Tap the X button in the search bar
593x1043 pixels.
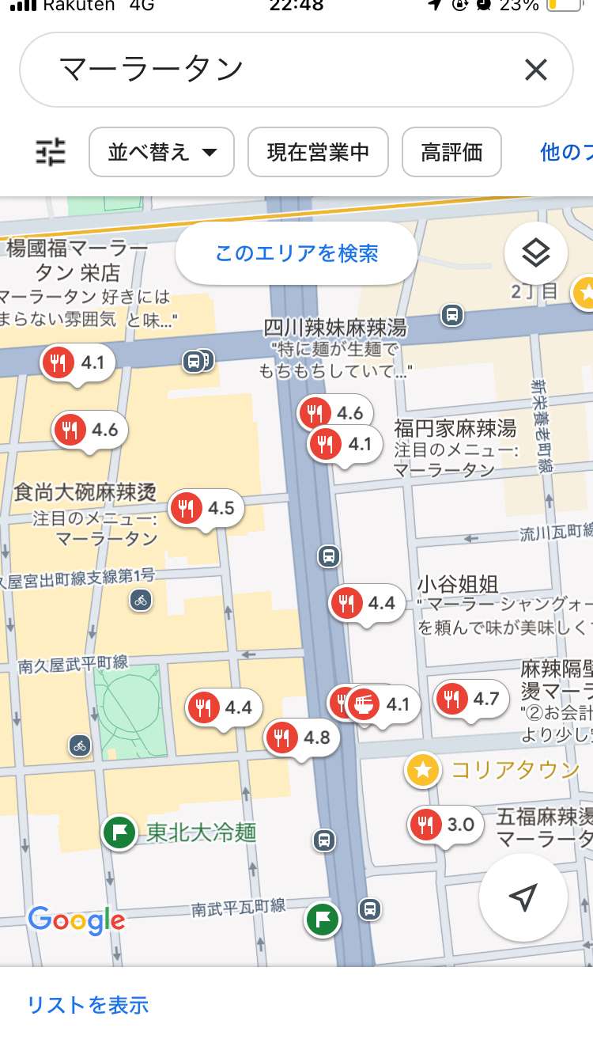coord(535,70)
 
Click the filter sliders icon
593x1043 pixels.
coord(51,151)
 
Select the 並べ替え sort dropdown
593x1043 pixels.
coord(162,152)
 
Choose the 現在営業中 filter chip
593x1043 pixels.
coord(318,152)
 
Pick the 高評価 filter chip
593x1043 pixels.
coord(451,152)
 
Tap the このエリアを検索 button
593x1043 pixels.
coord(296,253)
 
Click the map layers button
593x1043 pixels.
coord(536,253)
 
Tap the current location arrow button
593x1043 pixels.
coord(523,897)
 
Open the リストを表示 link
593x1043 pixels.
coord(88,1005)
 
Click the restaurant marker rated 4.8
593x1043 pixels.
coord(301,738)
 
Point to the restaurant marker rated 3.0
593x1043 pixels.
coord(446,825)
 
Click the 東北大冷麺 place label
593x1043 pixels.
coord(201,832)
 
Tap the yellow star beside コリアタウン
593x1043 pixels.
coord(423,770)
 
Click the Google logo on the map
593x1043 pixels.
coord(77,920)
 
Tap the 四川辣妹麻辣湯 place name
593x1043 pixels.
coord(335,328)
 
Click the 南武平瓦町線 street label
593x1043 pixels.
coord(238,908)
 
